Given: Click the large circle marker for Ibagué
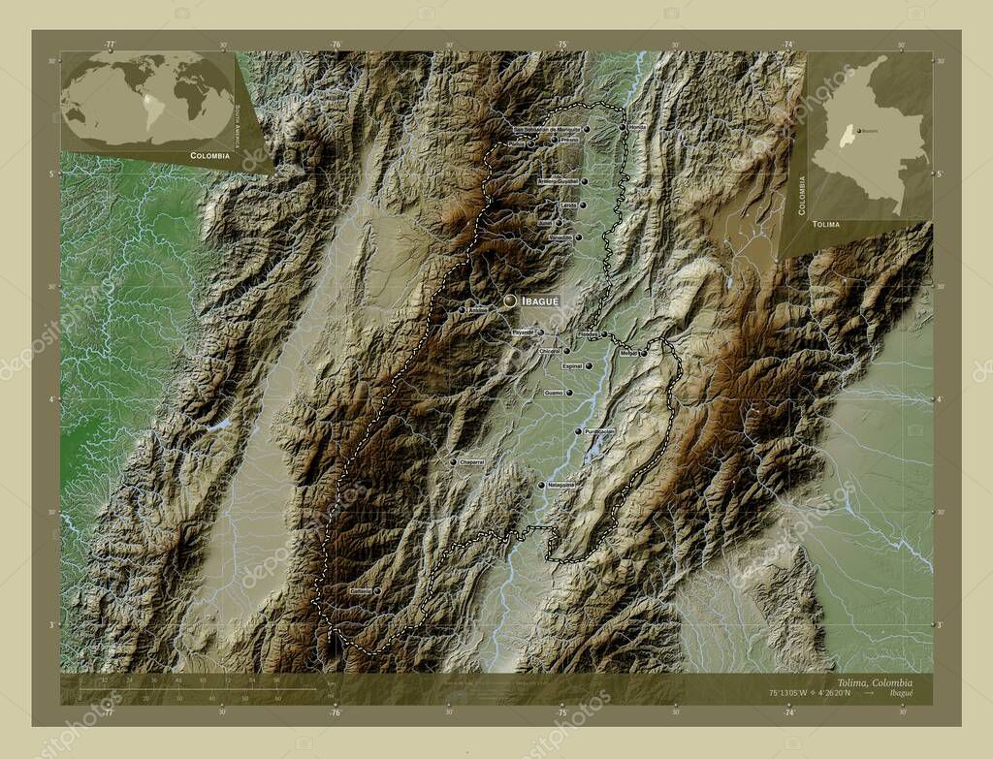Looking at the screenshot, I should pos(510,301).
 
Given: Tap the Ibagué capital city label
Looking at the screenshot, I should pos(541,301).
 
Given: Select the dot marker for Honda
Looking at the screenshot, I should pos(622,127).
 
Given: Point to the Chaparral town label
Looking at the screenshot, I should pos(472,461).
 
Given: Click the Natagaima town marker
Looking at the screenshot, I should pos(541,485).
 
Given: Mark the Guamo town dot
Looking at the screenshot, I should pos(569,393).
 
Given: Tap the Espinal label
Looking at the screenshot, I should pos(572,366).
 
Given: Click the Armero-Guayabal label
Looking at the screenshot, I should pos(558,181).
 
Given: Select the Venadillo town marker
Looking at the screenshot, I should pos(577,237).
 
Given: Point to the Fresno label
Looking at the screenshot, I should pos(569,140).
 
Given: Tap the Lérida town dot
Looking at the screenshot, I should pos(583,206).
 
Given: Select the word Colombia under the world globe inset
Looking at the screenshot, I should pos(210,155).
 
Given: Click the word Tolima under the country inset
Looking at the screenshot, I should pos(827,224).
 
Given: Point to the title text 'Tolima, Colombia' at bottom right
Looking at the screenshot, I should pos(869,682).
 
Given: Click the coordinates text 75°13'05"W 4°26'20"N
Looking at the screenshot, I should pos(796,693).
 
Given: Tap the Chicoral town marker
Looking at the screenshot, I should pos(566,351).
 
